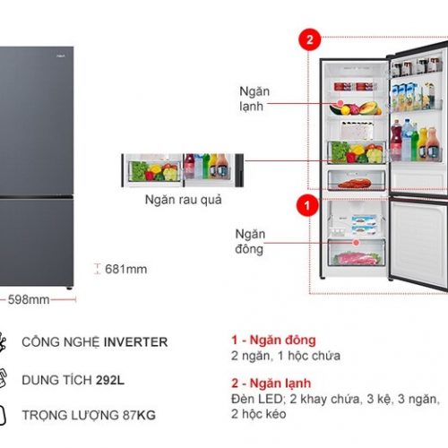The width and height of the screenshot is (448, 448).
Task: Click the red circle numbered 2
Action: click(310, 39)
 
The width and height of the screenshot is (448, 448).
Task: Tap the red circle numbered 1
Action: click(307, 205)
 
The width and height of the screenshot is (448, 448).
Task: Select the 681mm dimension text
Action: click(125, 269)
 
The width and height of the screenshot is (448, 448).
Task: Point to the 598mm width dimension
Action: click(29, 299)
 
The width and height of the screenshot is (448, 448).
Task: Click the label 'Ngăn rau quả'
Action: click(184, 200)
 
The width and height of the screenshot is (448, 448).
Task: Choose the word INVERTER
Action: click(135, 342)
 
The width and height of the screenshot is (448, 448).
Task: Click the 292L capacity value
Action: click(110, 380)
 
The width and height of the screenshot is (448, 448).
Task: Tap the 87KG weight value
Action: click(139, 415)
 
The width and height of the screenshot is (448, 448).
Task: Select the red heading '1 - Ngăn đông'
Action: click(273, 340)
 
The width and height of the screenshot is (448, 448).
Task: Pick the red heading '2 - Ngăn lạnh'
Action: click(271, 383)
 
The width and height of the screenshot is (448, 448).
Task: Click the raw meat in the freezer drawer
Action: click(356, 258)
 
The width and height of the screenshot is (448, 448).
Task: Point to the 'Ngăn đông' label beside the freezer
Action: click(250, 241)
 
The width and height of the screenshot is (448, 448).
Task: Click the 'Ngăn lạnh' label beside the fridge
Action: click(254, 99)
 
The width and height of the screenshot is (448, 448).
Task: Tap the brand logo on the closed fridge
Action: click(60, 56)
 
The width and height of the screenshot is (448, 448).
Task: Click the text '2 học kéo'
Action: click(259, 414)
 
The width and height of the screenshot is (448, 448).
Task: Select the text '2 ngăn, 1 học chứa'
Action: click(286, 356)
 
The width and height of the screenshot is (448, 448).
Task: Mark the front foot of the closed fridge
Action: click(69, 289)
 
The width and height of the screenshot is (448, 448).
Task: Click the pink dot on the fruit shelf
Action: click(340, 103)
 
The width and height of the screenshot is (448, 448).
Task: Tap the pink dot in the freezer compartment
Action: click(356, 243)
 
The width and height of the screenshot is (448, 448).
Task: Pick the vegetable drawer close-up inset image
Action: click(183, 170)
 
